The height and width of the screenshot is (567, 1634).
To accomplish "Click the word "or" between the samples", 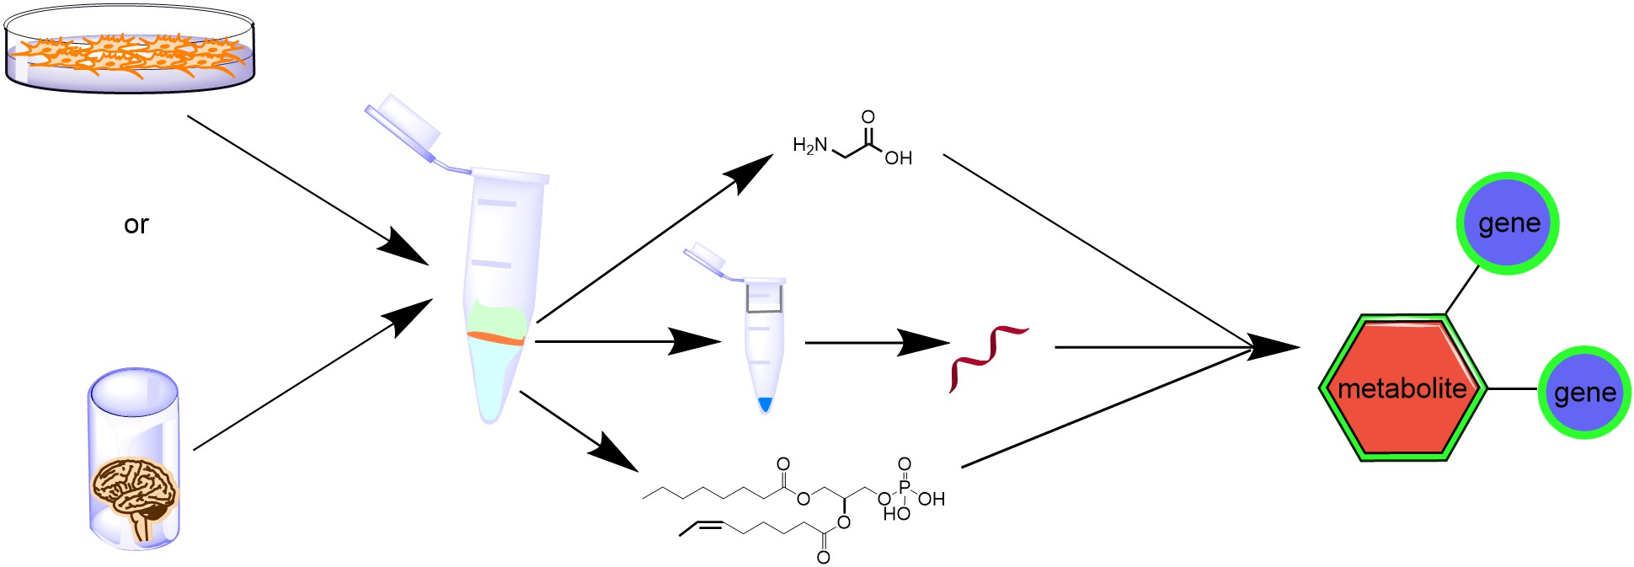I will [136, 224].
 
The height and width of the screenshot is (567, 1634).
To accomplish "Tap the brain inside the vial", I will [135, 493].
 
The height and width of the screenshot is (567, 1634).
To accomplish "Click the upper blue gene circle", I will [1508, 223].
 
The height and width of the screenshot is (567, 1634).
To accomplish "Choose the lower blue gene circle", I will [1584, 393].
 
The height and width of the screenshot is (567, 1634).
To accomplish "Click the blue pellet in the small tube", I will [765, 404].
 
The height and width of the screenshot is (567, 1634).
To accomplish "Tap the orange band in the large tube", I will [496, 338].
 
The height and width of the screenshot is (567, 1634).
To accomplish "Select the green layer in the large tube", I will [498, 318].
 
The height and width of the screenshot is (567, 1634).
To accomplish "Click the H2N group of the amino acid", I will [810, 146].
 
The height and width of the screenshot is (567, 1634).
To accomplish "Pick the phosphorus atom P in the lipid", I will [904, 486].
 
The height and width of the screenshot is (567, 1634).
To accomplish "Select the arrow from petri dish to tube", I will [303, 189].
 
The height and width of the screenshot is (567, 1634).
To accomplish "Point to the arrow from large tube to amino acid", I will [649, 243].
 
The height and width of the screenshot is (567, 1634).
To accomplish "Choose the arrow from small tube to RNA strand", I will [876, 343].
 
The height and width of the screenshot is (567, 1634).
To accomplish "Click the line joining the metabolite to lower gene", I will [1513, 388].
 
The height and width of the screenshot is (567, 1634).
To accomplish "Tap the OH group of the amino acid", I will [899, 158].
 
